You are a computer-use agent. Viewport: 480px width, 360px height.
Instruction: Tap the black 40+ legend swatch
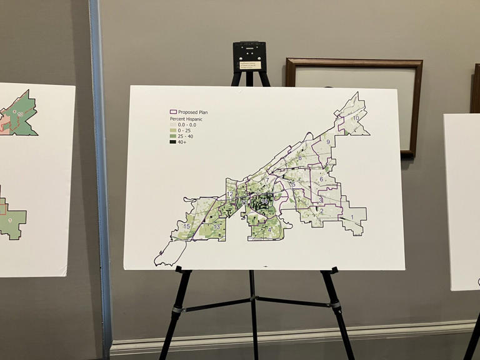(x=172, y=142)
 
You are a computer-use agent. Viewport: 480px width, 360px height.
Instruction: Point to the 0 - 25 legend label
(x=185, y=129)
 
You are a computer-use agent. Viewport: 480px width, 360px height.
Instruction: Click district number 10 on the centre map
(x=356, y=118)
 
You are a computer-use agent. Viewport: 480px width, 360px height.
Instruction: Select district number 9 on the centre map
(x=327, y=142)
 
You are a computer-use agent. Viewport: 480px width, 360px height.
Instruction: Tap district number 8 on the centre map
(x=300, y=159)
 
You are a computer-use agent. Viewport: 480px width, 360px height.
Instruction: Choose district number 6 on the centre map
(x=321, y=179)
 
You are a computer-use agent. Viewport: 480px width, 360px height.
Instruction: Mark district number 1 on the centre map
(x=351, y=217)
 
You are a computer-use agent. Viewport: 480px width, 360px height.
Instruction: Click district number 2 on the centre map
(x=321, y=211)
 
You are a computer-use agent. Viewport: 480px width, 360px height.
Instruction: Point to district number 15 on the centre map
(x=186, y=226)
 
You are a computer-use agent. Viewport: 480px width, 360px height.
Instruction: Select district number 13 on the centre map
(x=216, y=227)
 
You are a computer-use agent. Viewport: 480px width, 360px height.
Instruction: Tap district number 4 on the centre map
(x=270, y=230)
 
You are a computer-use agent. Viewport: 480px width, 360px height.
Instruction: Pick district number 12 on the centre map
(x=230, y=194)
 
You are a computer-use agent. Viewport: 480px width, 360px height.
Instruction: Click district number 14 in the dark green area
(x=265, y=202)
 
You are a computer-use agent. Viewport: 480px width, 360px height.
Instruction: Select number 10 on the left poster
(x=20, y=114)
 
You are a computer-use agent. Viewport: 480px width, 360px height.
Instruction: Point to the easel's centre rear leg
(x=252, y=312)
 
